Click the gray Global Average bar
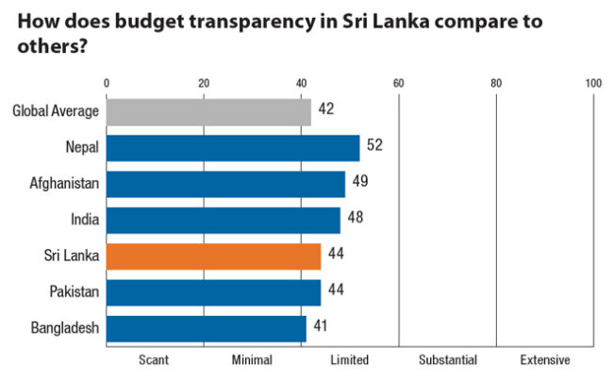208,112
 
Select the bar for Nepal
233,148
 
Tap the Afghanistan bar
225,184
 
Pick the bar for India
224,220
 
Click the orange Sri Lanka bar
213,256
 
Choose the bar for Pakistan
213,292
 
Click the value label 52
374,146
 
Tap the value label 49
360,182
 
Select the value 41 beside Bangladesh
322,327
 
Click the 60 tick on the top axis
399,83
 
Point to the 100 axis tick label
592,83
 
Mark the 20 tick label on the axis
205,83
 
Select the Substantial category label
448,360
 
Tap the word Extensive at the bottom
544,360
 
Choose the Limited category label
349,360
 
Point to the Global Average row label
56,112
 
